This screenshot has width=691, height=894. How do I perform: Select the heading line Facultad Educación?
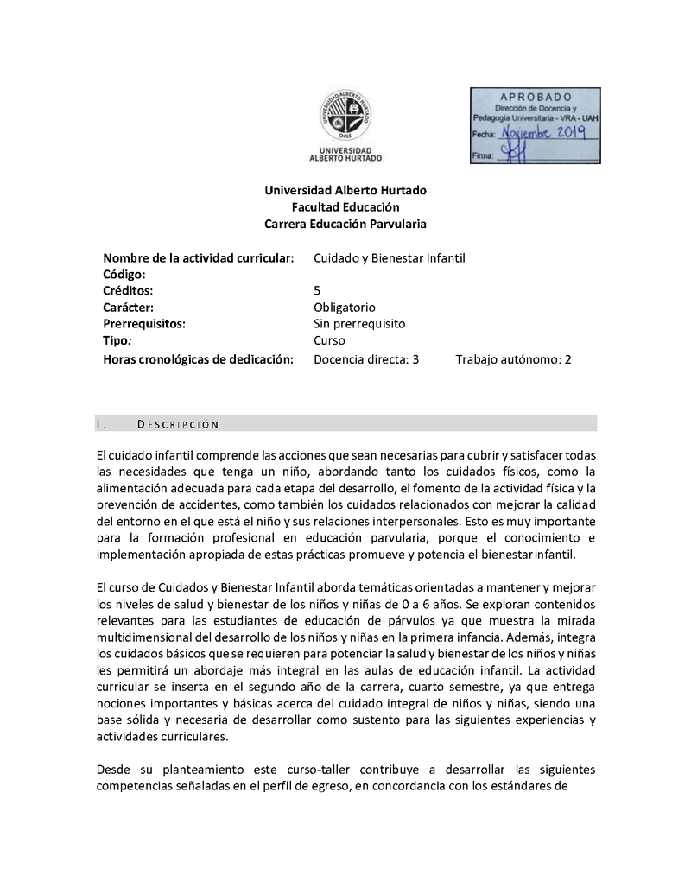[345, 206]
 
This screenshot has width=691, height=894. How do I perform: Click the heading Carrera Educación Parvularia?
[345, 224]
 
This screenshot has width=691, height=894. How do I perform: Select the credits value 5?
[317, 290]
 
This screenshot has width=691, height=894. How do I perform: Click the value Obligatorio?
[344, 307]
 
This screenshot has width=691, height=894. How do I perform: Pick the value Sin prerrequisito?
[358, 324]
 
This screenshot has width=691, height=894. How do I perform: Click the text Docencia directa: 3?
[365, 358]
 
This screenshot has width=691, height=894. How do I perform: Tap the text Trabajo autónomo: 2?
[513, 358]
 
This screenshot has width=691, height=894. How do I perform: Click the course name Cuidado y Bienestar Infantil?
[389, 257]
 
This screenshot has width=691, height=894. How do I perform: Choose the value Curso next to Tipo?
[329, 341]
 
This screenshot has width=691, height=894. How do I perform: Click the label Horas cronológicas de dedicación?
[194, 358]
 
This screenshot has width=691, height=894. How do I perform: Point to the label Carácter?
[128, 307]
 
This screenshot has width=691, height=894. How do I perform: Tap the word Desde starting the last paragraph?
[117, 769]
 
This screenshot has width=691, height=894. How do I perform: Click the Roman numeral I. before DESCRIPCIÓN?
[101, 423]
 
